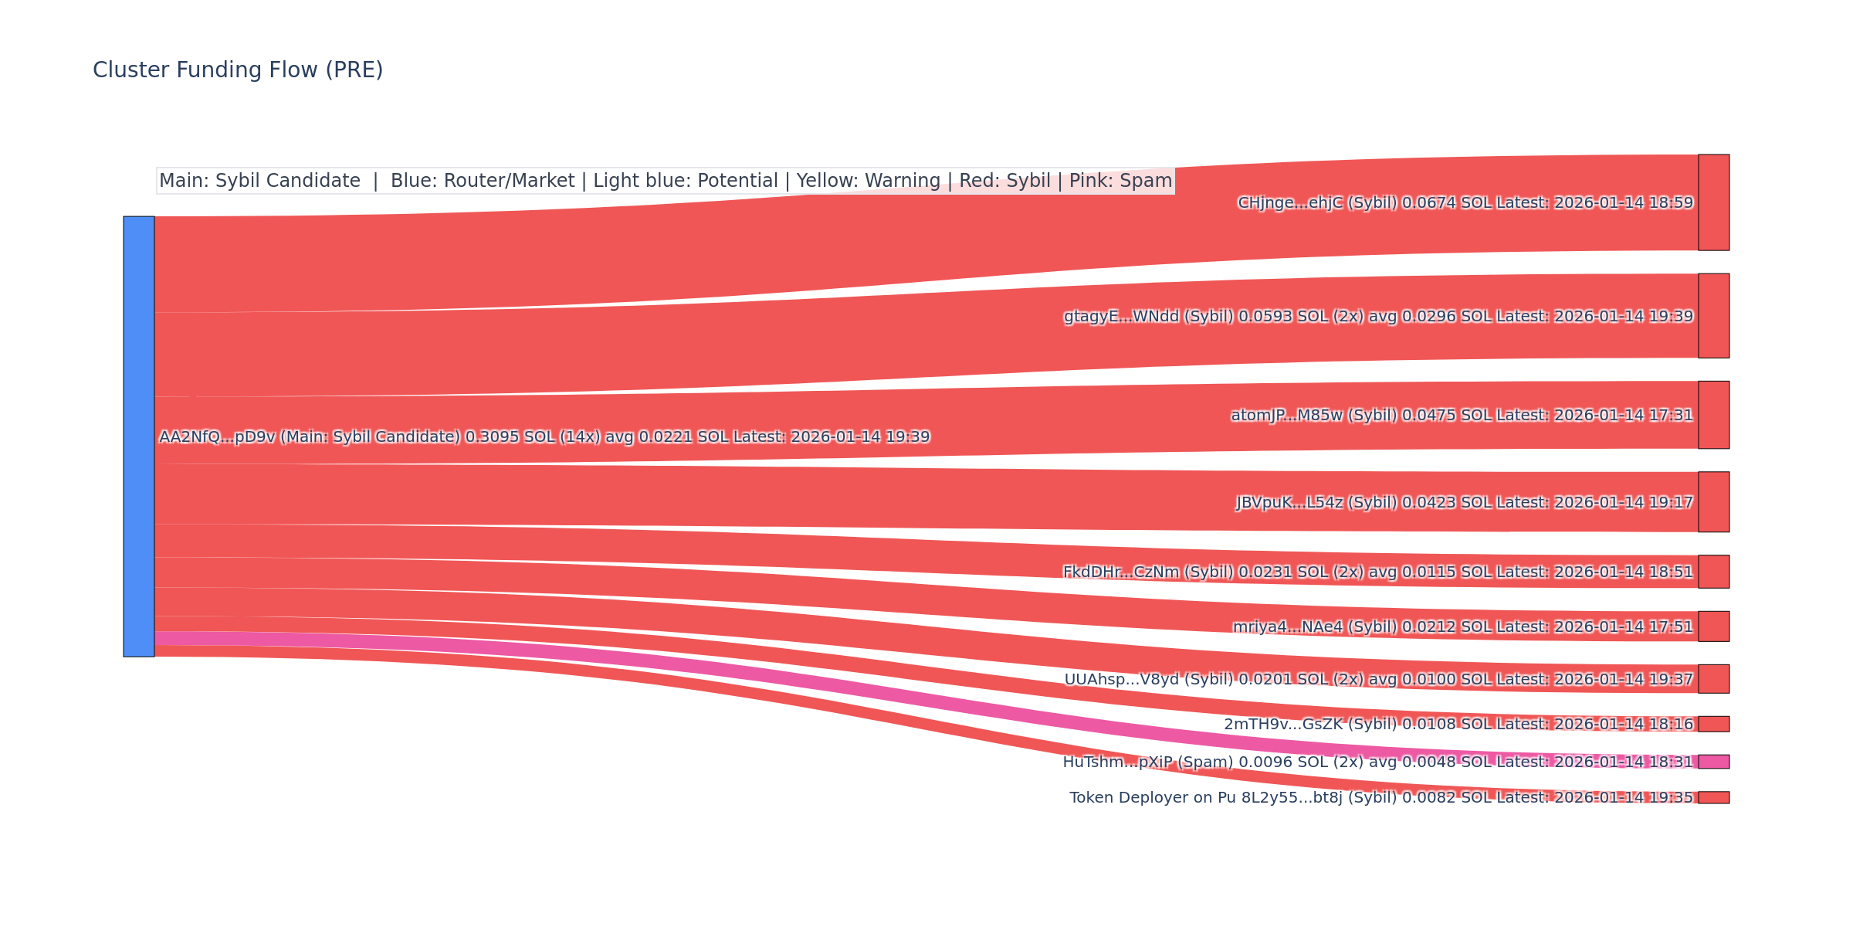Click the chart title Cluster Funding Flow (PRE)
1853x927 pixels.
click(x=238, y=70)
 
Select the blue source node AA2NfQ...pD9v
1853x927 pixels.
click(x=139, y=436)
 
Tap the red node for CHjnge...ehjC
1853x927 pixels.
click(x=1713, y=202)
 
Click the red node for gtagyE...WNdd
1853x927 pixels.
click(x=1713, y=316)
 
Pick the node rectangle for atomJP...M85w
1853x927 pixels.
click(x=1713, y=415)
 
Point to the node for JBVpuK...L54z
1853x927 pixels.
click(x=1713, y=502)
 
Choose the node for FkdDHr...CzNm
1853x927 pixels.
click(x=1713, y=572)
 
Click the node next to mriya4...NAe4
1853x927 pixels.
click(x=1713, y=626)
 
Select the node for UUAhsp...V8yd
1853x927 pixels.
click(x=1713, y=679)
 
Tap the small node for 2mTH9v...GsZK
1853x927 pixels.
click(x=1713, y=724)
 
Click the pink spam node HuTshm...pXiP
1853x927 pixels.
click(x=1713, y=762)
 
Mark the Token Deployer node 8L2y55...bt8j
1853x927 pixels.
click(x=1713, y=797)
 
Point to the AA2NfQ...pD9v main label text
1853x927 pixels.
click(x=544, y=437)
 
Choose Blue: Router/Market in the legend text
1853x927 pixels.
click(x=483, y=181)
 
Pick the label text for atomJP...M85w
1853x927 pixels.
click(x=1462, y=416)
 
